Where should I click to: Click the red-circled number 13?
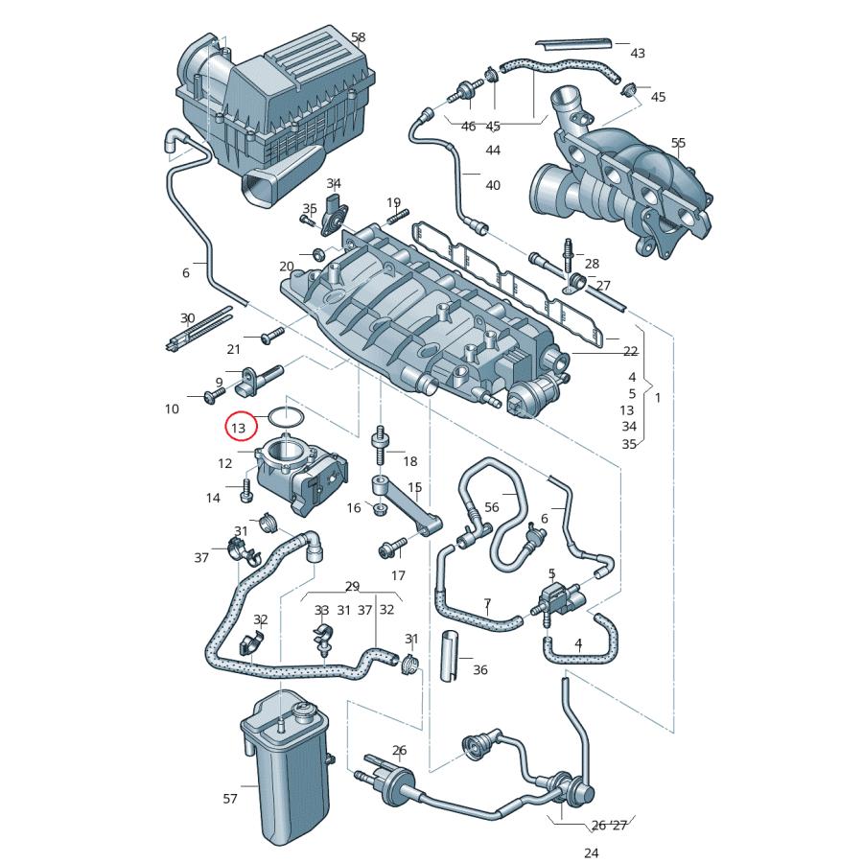point(239,427)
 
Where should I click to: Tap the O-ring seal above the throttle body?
point(286,418)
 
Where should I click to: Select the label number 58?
point(358,37)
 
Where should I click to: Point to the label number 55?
point(678,143)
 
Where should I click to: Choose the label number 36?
point(480,669)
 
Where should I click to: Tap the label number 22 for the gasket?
point(630,351)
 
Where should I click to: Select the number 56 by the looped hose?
point(492,507)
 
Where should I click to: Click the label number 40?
point(493,184)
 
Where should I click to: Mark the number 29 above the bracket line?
point(352,586)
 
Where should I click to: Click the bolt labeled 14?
point(246,493)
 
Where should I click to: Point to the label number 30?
point(188,317)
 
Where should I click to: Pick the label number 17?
point(398,575)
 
